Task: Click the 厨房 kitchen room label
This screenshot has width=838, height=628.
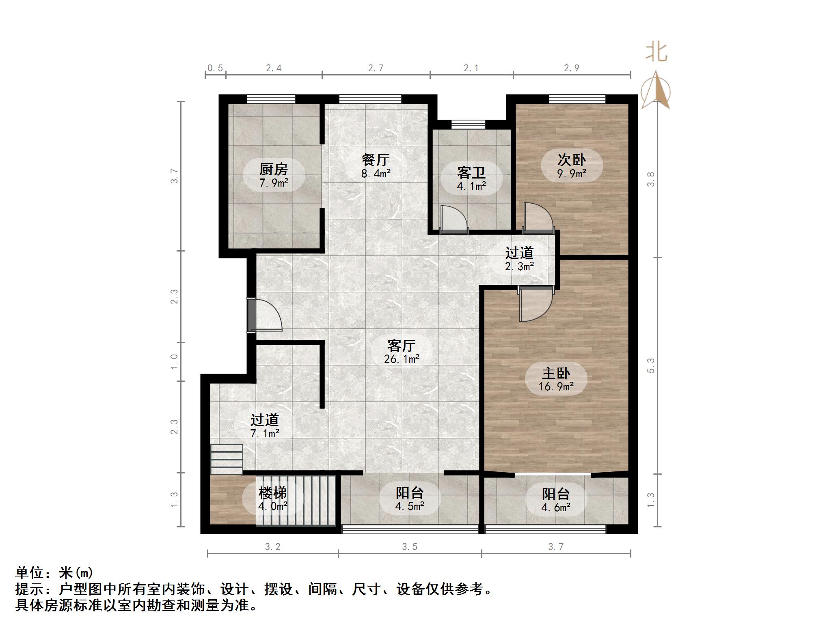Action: (274, 176)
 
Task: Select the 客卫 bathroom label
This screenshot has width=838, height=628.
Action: (471, 179)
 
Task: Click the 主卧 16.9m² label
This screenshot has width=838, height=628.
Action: (556, 379)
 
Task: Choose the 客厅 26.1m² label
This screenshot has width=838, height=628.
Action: (402, 352)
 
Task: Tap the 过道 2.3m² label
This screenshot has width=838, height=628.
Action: (519, 259)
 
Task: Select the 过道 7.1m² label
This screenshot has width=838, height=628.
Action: (265, 426)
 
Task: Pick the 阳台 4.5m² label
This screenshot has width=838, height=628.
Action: (410, 499)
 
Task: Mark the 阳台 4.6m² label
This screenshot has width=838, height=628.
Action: (556, 500)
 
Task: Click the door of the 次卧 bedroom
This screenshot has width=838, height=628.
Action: (538, 218)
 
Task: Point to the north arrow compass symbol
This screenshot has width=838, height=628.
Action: (656, 91)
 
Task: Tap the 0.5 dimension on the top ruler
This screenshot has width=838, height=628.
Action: (215, 68)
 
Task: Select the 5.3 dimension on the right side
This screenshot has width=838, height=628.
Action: (651, 365)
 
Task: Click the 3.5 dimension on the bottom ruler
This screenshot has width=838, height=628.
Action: (410, 547)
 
